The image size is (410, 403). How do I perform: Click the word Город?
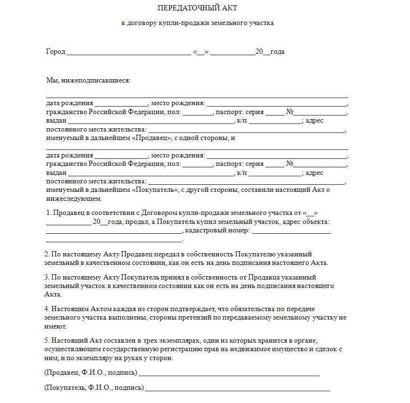(x=55, y=51)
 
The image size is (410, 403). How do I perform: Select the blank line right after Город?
(x=129, y=53)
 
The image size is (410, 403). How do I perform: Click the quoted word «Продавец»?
(x=152, y=138)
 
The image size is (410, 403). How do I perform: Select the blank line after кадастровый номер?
(x=291, y=232)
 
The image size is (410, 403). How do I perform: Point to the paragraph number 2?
(x=46, y=254)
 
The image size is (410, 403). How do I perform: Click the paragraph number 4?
(x=46, y=309)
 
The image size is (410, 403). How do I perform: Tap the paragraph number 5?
(x=46, y=340)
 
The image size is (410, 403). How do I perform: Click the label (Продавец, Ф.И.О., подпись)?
(x=90, y=372)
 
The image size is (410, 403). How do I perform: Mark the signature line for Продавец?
(x=229, y=375)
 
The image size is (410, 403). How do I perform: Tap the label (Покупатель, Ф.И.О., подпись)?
(x=94, y=387)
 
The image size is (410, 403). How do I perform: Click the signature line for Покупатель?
(x=238, y=390)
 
